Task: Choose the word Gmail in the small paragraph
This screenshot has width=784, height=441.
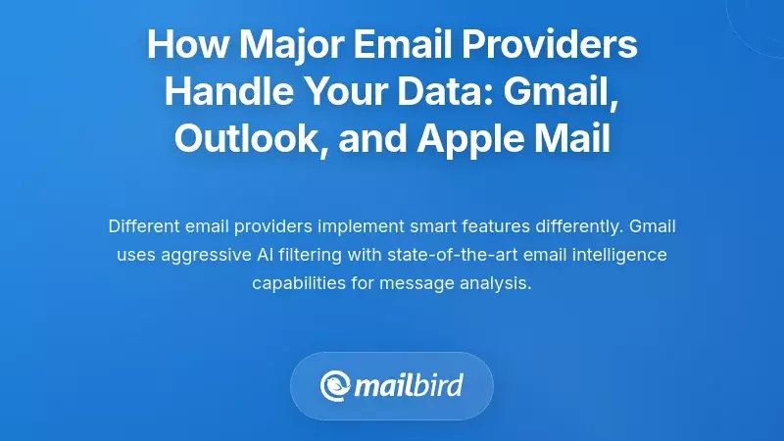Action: tap(652, 227)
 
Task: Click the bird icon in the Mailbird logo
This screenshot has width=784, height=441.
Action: tap(337, 383)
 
